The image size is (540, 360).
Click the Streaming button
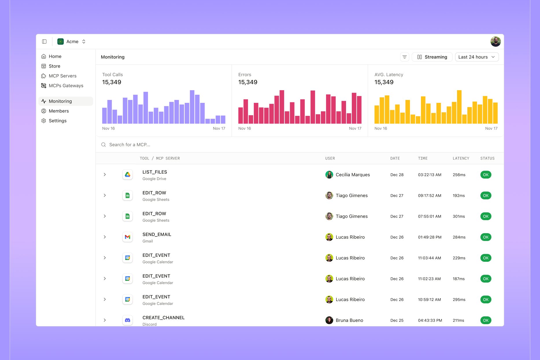[x=432, y=57]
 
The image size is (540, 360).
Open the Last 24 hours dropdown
[x=477, y=57]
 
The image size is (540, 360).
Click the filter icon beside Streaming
[x=404, y=57]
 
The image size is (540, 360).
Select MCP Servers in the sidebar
[x=62, y=76]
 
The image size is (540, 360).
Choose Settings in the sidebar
[x=58, y=121]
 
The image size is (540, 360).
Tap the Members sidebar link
[x=59, y=111]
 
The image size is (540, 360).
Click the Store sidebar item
[x=54, y=66]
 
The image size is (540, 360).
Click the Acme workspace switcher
[x=72, y=42]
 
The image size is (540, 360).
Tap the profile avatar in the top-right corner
[x=495, y=42]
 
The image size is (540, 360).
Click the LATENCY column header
[x=461, y=158]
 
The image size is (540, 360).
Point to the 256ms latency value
[x=459, y=175]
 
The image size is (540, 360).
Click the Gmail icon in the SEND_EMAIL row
[x=127, y=237]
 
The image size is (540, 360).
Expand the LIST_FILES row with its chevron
[x=105, y=175]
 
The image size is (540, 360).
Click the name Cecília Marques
[x=353, y=175]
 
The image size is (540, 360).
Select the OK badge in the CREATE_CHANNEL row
[x=486, y=320]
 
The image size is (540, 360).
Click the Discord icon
[x=127, y=320]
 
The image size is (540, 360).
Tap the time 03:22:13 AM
[x=430, y=175]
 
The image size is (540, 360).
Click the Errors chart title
[x=245, y=75]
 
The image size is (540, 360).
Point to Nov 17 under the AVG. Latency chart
[x=491, y=129]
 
